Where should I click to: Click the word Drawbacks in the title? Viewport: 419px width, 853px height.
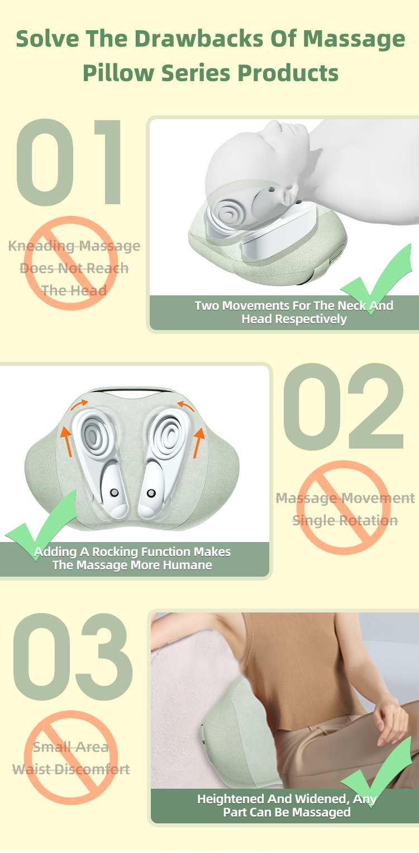(199, 39)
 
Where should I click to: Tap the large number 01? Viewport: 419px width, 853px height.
(69, 162)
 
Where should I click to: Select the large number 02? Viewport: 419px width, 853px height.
(344, 406)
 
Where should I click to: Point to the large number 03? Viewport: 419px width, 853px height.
(73, 657)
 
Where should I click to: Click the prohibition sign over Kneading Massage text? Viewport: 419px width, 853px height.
(71, 263)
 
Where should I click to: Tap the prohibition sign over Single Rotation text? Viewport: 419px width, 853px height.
(344, 508)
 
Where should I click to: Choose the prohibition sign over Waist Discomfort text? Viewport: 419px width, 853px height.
(71, 757)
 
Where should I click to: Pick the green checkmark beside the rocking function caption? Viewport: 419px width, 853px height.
(41, 526)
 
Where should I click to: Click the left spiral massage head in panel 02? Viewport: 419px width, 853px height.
(93, 433)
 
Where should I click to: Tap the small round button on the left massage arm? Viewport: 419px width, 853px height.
(114, 493)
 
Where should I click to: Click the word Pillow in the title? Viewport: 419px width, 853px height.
(118, 73)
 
